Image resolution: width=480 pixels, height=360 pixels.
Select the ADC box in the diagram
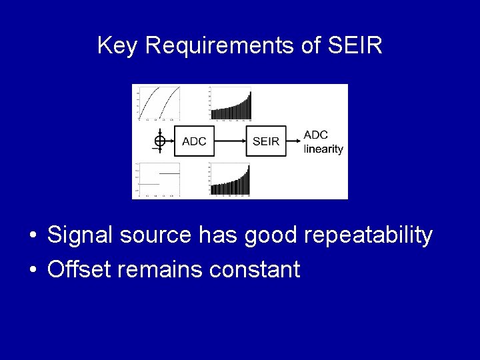click(194, 141)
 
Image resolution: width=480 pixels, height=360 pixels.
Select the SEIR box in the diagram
click(265, 141)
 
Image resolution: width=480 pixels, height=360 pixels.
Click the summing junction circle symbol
click(159, 141)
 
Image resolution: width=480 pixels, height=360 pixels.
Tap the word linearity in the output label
click(323, 149)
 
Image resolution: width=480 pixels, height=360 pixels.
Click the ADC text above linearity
click(316, 135)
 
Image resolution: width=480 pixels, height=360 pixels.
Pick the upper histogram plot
click(231, 104)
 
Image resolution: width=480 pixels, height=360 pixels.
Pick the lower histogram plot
click(231, 179)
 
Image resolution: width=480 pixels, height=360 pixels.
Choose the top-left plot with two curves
click(159, 103)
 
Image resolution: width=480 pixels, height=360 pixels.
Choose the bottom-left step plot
click(159, 179)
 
